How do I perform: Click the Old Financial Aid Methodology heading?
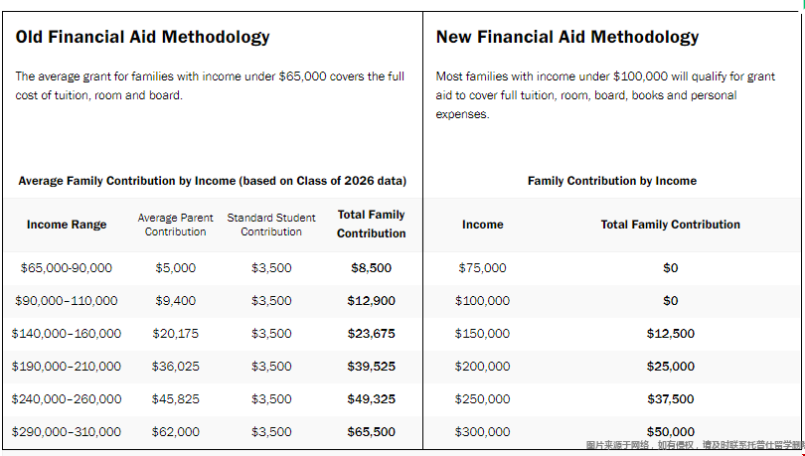(x=143, y=37)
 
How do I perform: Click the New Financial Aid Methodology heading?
(x=567, y=37)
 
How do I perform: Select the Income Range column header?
(x=67, y=225)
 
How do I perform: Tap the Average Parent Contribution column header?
(x=175, y=225)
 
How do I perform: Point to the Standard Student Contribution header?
(x=271, y=225)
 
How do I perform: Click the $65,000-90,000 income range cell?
(x=67, y=268)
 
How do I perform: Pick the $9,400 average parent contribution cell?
(x=176, y=301)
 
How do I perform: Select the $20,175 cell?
(x=176, y=334)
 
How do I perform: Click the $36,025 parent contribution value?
(x=176, y=367)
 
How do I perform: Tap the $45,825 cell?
(x=176, y=399)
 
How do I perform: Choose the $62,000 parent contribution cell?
(x=176, y=432)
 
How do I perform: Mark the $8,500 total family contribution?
(x=371, y=268)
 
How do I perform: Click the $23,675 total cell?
(x=371, y=334)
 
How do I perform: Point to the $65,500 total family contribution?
(x=371, y=432)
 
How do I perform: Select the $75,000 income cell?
(x=483, y=268)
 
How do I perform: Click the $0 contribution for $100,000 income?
(x=671, y=301)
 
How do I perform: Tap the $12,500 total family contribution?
(x=671, y=334)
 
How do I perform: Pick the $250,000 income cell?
(x=483, y=399)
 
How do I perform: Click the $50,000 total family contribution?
(x=671, y=432)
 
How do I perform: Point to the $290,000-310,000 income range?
(x=67, y=432)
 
